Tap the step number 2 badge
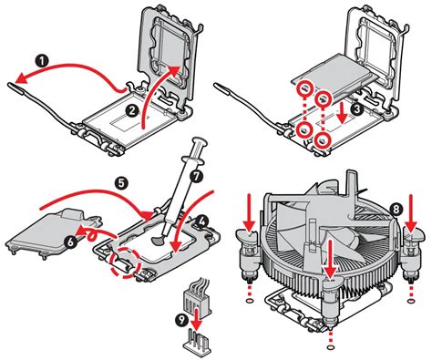(x=132, y=111)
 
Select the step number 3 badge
(x=356, y=109)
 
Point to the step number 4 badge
(x=201, y=221)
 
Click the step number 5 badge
(x=121, y=183)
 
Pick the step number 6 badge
(x=70, y=242)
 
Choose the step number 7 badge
(x=197, y=176)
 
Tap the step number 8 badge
(x=396, y=209)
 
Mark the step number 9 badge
(x=182, y=321)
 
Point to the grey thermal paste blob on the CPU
(x=158, y=240)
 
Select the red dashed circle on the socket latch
(x=126, y=262)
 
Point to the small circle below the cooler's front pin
(x=331, y=347)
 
